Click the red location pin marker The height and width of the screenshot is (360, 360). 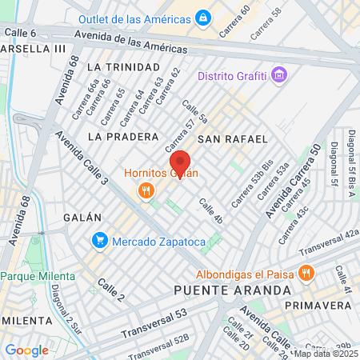(179, 163)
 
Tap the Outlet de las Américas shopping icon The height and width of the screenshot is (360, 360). (203, 17)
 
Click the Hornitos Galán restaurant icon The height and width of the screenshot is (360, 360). (146, 190)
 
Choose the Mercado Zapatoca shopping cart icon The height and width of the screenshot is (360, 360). (100, 239)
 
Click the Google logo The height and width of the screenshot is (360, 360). (26, 350)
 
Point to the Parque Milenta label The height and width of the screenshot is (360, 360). (38, 276)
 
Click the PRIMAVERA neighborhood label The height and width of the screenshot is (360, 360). (318, 306)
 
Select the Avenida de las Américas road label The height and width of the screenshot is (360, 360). (125, 42)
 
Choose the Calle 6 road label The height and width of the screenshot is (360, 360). (20, 33)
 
